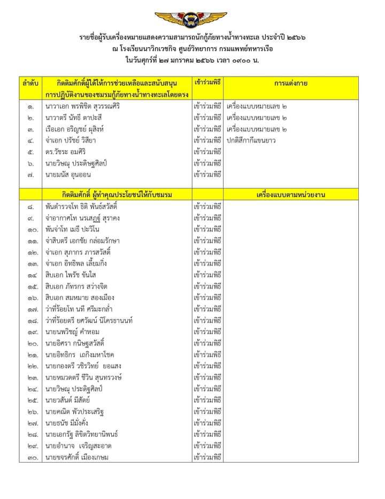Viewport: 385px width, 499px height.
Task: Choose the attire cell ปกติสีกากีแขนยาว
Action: click(251, 140)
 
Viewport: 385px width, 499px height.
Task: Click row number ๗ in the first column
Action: click(31, 174)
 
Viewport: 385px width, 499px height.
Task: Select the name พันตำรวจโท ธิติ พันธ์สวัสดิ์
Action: click(89, 206)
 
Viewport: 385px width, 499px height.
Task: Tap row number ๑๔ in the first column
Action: click(30, 275)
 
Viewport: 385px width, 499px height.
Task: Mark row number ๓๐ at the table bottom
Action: click(30, 457)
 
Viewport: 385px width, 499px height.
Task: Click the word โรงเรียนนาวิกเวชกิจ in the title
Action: click(149, 48)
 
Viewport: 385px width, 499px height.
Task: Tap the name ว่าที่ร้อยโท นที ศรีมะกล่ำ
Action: click(87, 309)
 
